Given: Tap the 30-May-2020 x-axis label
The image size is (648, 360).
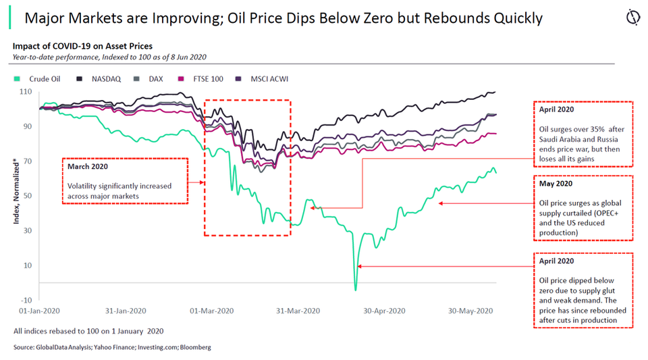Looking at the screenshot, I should point(473,311).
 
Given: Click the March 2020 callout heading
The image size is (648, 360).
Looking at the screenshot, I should point(87,166).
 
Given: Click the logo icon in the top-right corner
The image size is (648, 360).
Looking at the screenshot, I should point(633,17).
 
